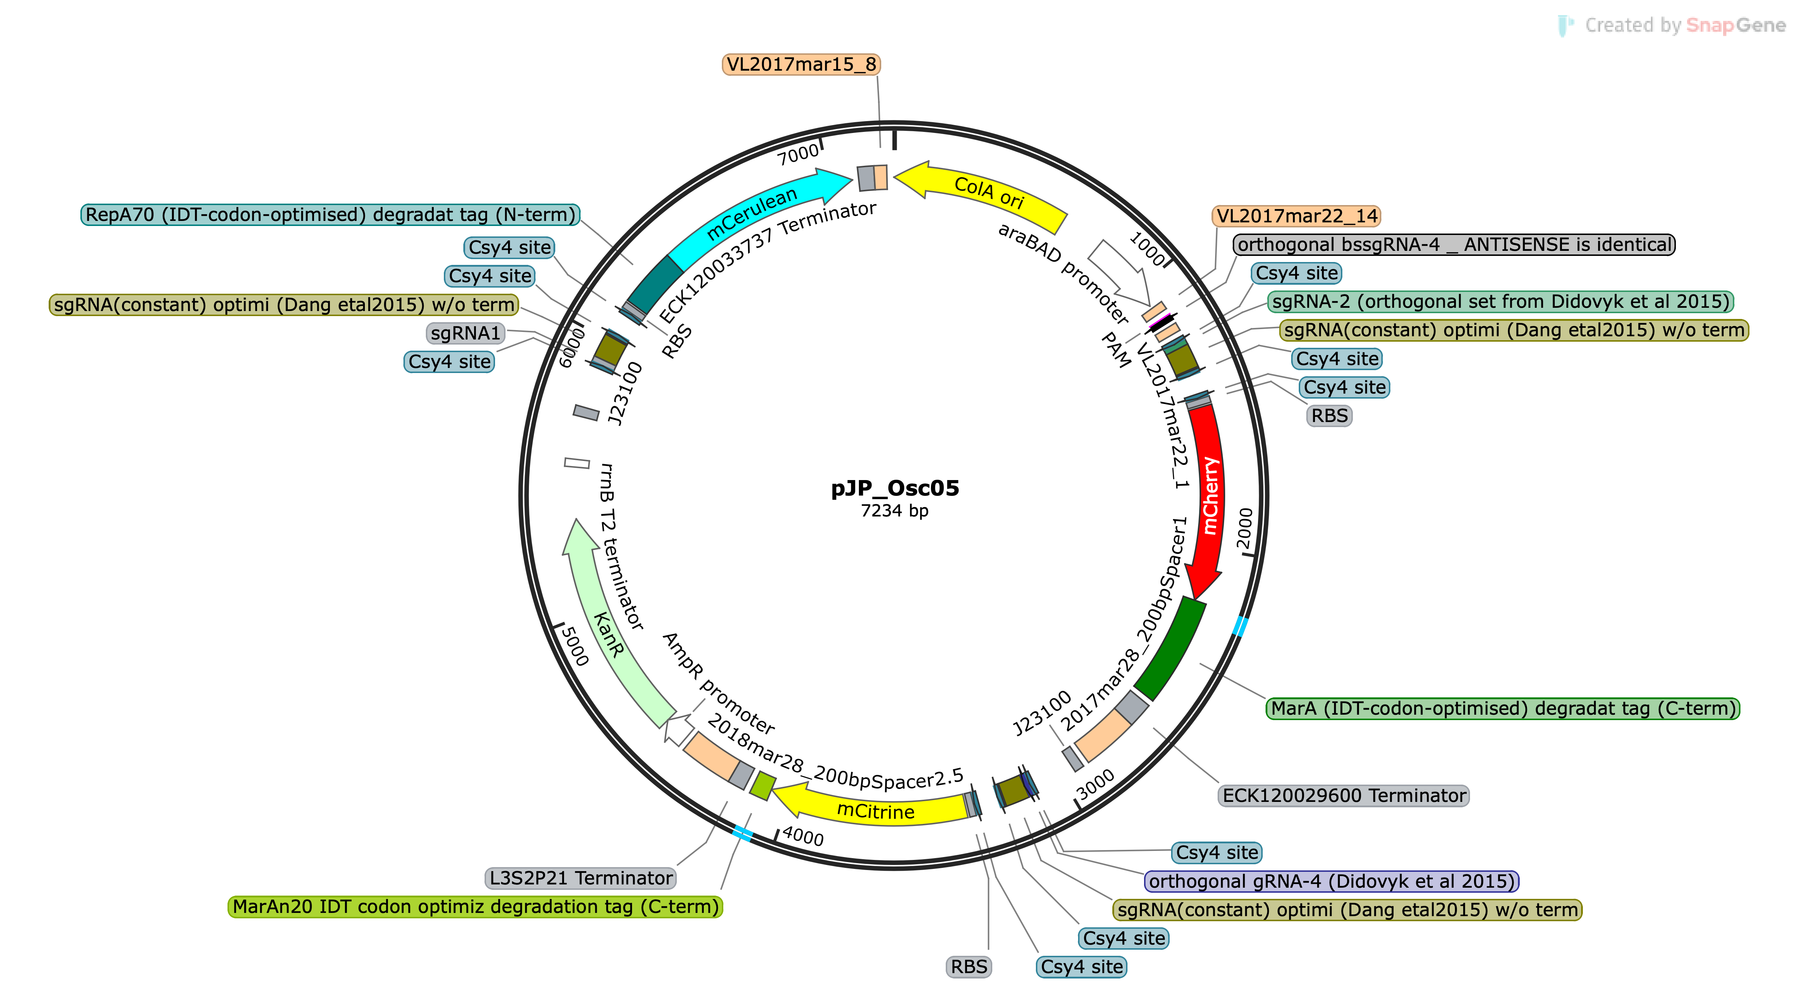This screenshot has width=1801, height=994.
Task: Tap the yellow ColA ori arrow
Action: click(982, 192)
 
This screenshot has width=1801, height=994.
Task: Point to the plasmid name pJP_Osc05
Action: click(895, 488)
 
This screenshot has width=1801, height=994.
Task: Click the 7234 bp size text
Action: click(895, 511)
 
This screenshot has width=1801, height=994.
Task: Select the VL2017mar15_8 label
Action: click(801, 64)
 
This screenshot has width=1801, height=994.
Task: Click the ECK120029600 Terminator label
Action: click(1344, 795)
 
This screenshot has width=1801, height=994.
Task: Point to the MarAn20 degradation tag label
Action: click(476, 907)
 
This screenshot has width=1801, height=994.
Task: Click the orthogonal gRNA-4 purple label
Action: click(1332, 881)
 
